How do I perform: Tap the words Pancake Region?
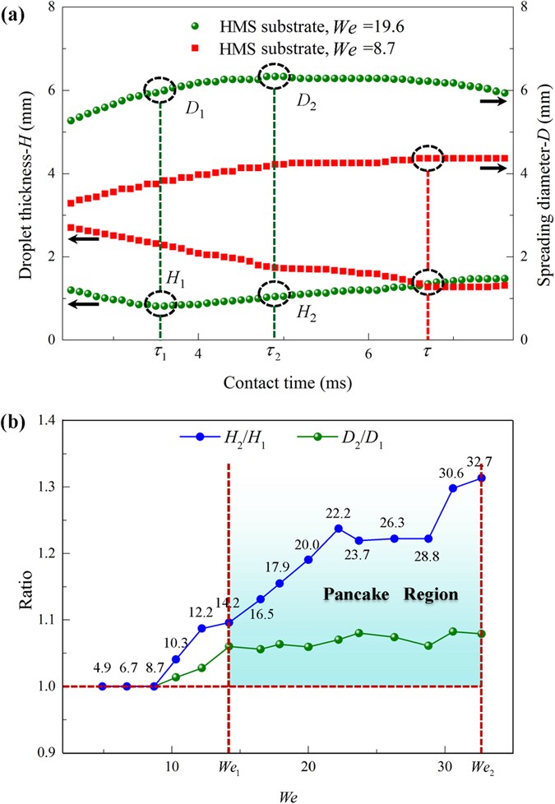click(390, 594)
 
